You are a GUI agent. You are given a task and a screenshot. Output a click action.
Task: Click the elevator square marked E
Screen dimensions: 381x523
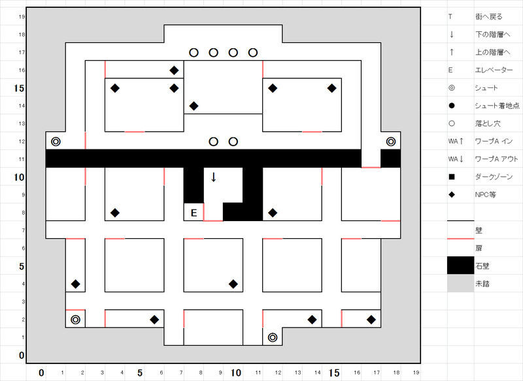194,212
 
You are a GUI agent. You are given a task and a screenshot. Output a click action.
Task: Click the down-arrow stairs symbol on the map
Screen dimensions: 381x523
213,177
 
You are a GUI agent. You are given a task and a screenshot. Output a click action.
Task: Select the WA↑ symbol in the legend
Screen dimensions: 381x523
455,141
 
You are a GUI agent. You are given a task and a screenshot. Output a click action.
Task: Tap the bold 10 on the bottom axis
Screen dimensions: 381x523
237,373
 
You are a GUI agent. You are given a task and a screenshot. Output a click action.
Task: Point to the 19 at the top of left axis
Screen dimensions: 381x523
22,16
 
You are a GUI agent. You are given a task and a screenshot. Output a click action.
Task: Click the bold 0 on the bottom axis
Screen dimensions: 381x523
41,373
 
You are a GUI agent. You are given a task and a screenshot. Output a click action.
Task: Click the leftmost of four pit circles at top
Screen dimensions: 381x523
194,52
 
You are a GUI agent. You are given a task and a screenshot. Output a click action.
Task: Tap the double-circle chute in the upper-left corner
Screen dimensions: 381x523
56,141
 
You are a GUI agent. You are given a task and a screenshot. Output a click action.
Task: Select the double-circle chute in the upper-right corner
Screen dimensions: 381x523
391,141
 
